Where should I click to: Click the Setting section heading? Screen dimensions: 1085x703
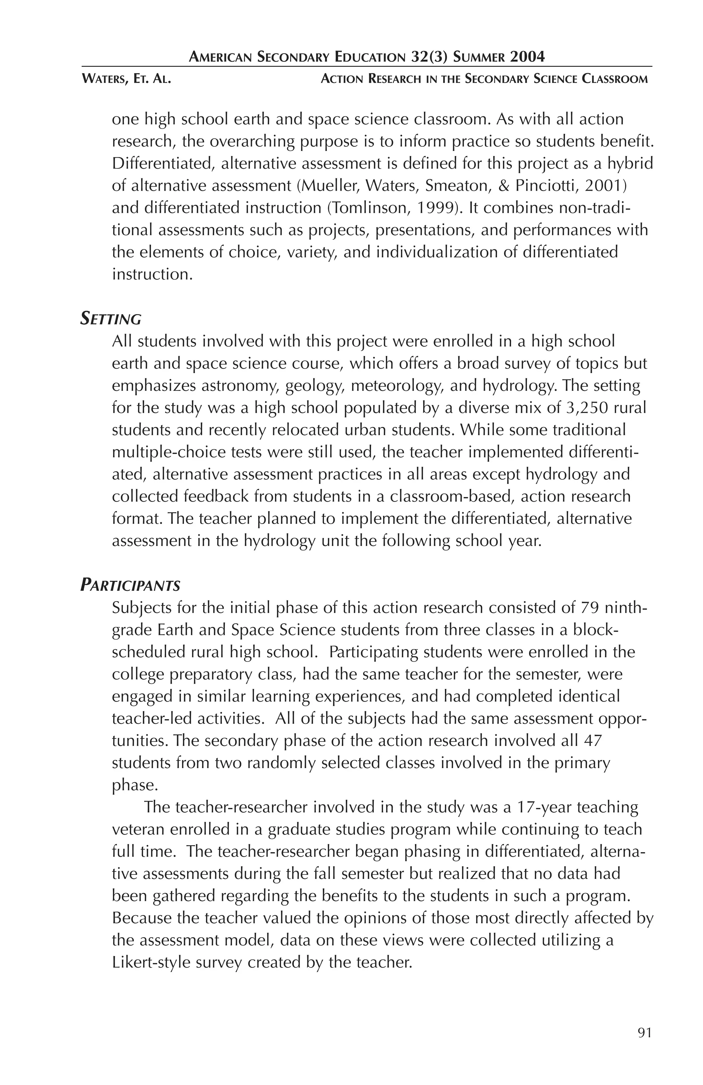pos(111,319)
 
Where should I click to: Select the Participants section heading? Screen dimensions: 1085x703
pos(130,585)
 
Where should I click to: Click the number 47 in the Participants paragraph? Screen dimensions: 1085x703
pos(592,741)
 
